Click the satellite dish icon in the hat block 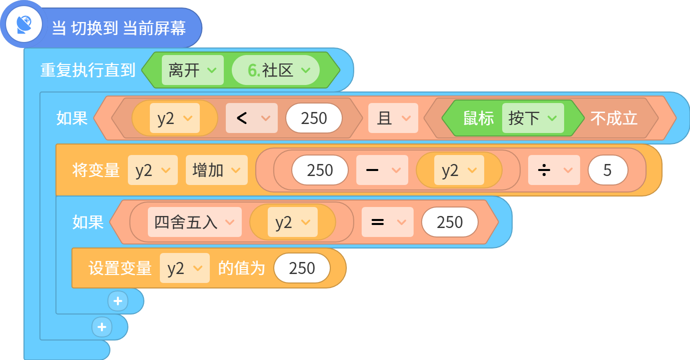pos(24,24)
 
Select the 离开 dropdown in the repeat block pos(192,70)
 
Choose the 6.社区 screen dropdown pos(276,70)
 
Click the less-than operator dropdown pos(252,118)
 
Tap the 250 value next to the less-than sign pos(314,118)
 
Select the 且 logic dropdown pos(393,118)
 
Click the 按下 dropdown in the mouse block pos(533,118)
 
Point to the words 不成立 pos(614,118)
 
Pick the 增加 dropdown pos(216,170)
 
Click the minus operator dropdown pos(382,170)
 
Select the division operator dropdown pos(554,170)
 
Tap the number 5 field pos(608,170)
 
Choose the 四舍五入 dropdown pos(195,222)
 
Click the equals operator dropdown pos(388,222)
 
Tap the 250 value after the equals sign pos(450,222)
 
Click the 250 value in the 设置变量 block pos(302,268)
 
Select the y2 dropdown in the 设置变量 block pos(185,268)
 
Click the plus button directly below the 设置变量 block pos(118,301)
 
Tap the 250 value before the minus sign pos(320,170)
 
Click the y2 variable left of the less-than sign pos(175,118)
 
